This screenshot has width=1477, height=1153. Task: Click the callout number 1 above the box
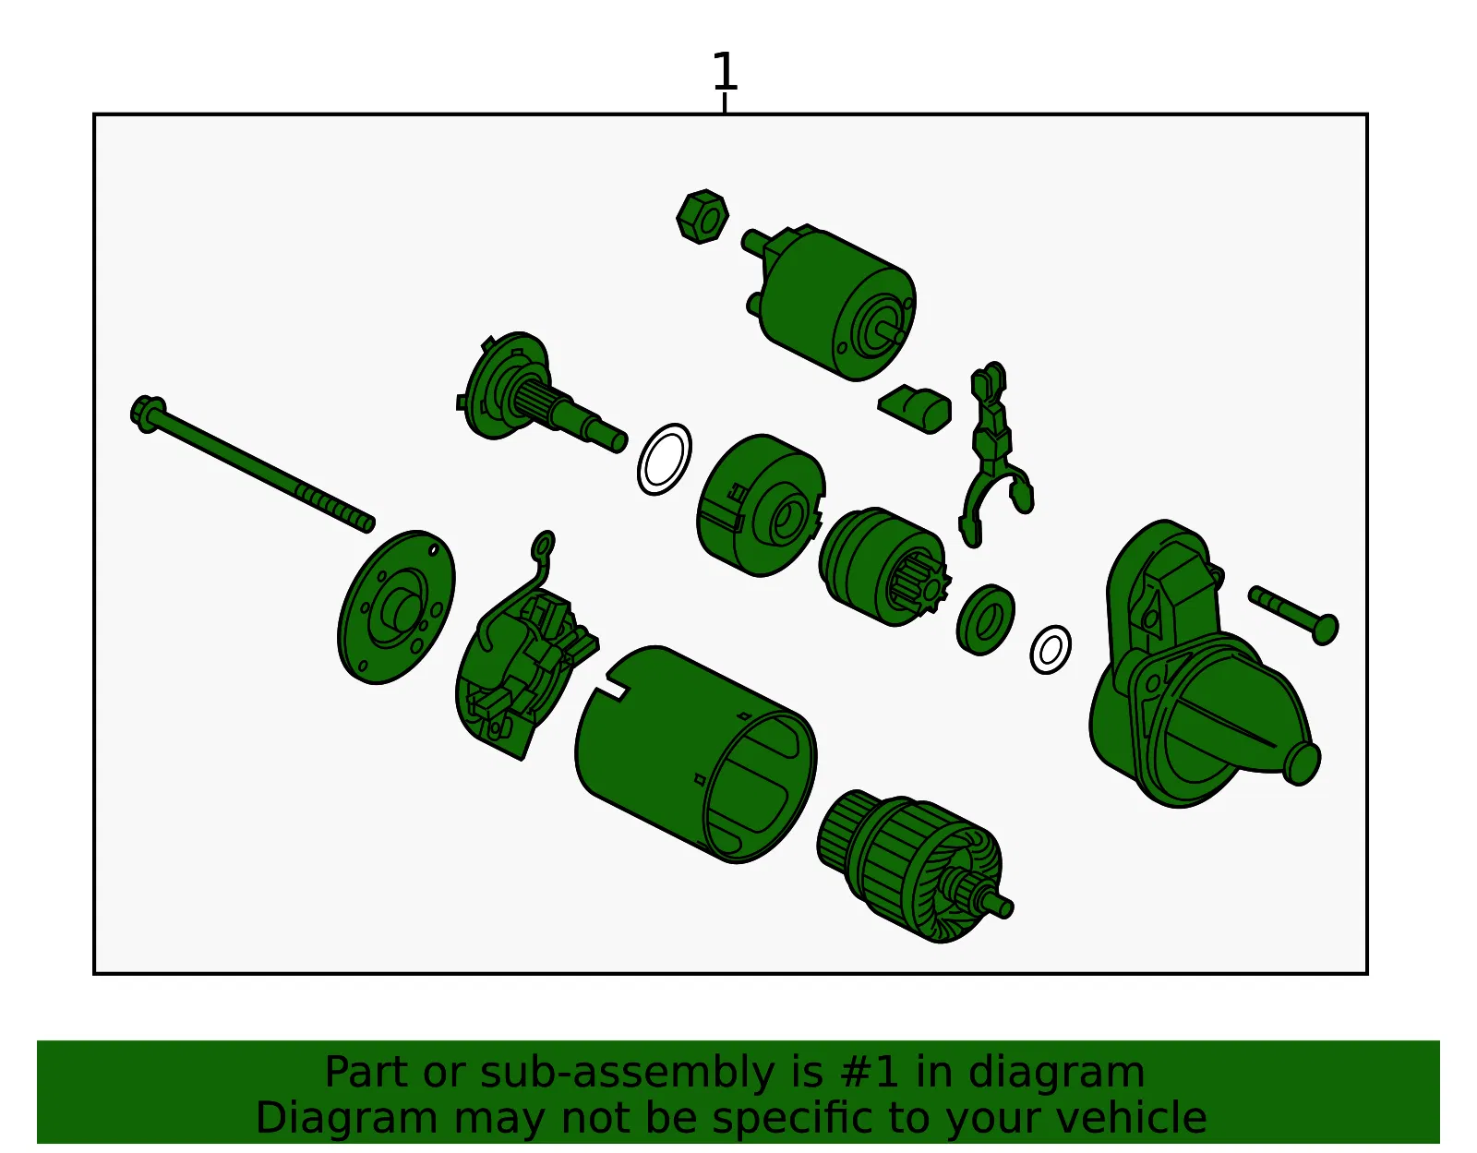[x=725, y=71]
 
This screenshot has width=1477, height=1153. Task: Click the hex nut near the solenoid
[x=702, y=217]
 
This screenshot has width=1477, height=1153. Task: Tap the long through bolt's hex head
[x=148, y=413]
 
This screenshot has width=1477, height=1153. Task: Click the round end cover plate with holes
[x=396, y=607]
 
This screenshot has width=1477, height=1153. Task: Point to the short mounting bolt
[x=1294, y=614]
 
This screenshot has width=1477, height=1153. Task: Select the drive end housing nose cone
[x=1202, y=666]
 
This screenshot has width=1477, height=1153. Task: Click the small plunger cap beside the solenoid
[x=915, y=408]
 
